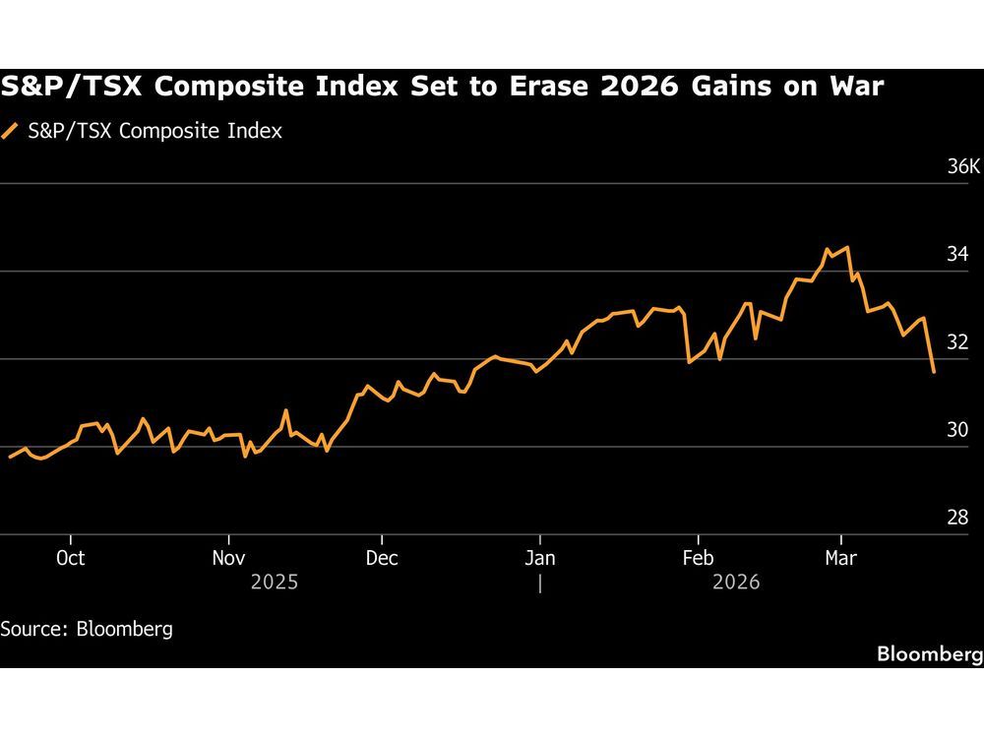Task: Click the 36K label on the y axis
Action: click(963, 166)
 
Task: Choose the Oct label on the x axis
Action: click(71, 558)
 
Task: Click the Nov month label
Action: click(228, 558)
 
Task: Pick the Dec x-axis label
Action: click(381, 558)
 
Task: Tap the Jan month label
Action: click(540, 558)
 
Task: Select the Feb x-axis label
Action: click(698, 558)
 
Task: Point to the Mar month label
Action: click(840, 558)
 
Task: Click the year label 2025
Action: click(275, 583)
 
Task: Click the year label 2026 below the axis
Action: click(736, 583)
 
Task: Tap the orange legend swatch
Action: click(11, 130)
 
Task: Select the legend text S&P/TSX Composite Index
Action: click(155, 130)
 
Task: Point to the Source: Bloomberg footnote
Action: click(87, 629)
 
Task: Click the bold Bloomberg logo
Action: click(929, 654)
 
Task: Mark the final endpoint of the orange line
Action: click(933, 372)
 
